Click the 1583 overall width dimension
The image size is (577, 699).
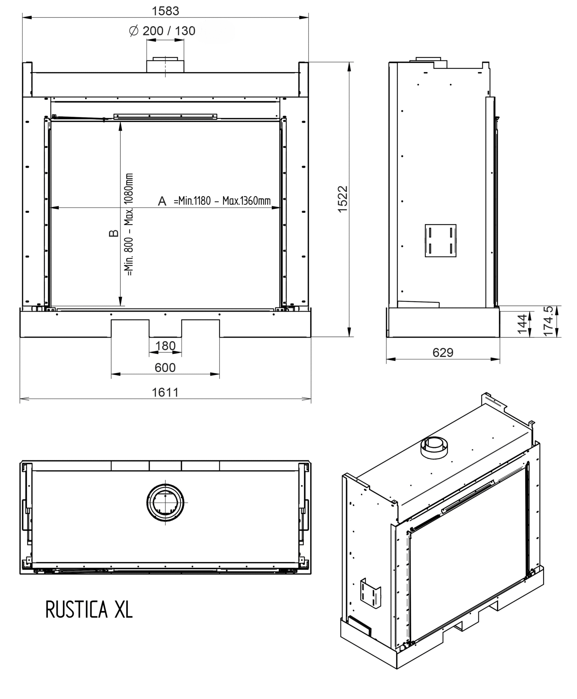click(165, 11)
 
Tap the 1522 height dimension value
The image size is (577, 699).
click(342, 199)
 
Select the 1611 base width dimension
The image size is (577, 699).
click(165, 392)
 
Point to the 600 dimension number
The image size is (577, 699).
click(165, 367)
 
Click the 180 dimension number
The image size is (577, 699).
click(165, 346)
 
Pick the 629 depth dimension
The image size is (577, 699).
click(443, 352)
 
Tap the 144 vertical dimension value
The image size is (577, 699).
click(522, 324)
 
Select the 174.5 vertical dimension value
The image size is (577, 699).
click(548, 321)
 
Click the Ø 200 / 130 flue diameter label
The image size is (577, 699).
click(162, 31)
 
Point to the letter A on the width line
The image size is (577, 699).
click(162, 201)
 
